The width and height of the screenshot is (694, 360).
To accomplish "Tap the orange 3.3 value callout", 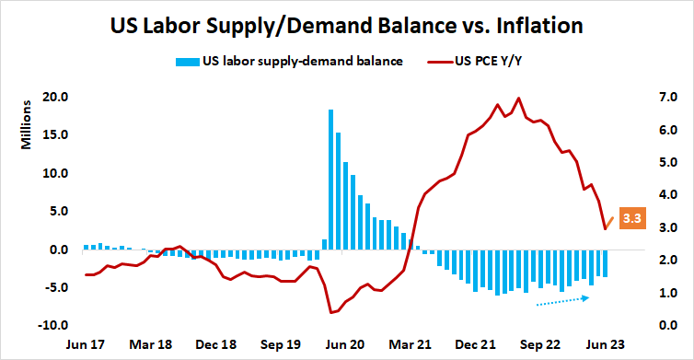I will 631,218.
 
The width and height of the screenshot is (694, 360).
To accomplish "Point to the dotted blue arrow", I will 561,300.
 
